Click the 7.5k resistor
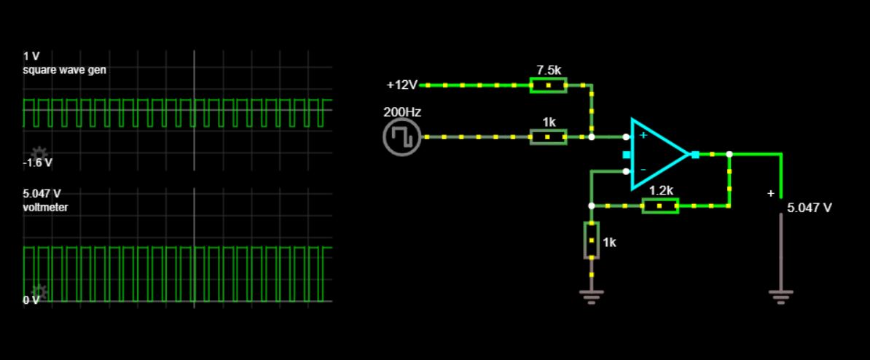click(548, 85)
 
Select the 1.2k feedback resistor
click(660, 206)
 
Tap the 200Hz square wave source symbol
click(401, 137)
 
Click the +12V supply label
click(402, 85)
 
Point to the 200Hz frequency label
click(402, 113)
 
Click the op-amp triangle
click(656, 154)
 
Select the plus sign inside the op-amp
click(643, 136)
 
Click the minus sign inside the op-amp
click(643, 170)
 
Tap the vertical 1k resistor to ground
click(591, 240)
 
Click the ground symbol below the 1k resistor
click(591, 295)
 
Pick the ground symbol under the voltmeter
click(780, 295)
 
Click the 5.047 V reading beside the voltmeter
click(810, 208)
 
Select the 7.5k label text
click(549, 70)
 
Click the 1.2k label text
click(662, 190)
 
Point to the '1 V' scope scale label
click(31, 56)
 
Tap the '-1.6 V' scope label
click(38, 163)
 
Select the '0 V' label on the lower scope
click(31, 300)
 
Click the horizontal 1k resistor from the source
click(548, 137)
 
